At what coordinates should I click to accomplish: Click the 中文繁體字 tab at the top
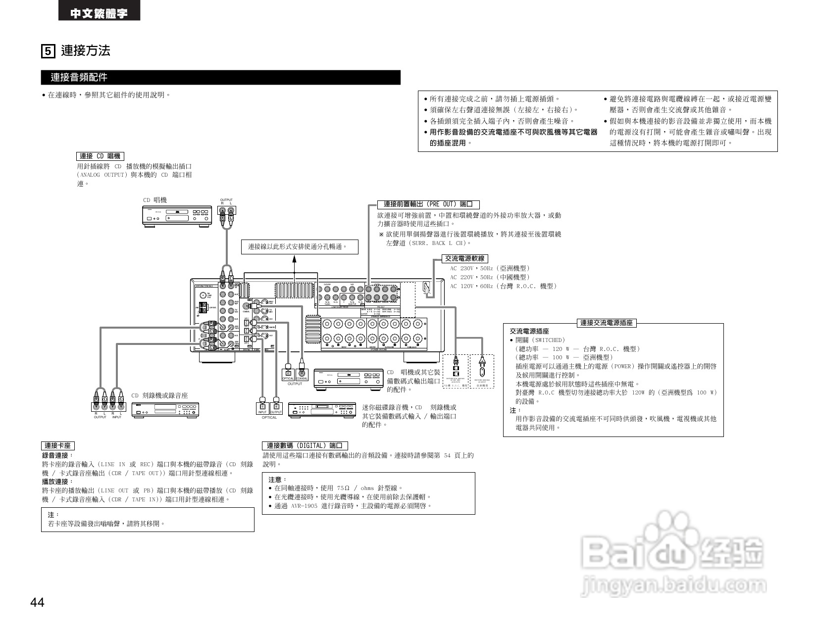coord(99,13)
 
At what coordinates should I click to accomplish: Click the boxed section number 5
coord(48,51)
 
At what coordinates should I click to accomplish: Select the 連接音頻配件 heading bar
coord(220,77)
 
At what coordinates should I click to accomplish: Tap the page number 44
coord(38,603)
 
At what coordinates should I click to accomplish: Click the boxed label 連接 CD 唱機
coord(100,156)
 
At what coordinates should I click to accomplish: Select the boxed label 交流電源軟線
coord(464,258)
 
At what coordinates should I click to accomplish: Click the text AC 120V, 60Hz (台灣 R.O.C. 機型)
coord(503,286)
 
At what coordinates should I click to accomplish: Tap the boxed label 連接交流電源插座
coord(607,323)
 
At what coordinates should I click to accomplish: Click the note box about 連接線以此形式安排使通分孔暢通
coord(300,246)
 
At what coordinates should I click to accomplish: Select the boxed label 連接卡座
coord(58,445)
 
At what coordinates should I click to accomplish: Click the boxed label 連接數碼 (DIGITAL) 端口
coord(305,445)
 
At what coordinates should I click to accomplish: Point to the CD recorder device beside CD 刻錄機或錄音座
coord(165,409)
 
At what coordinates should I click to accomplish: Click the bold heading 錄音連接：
coord(57,455)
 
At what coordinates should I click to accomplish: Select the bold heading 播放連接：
coord(57,481)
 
